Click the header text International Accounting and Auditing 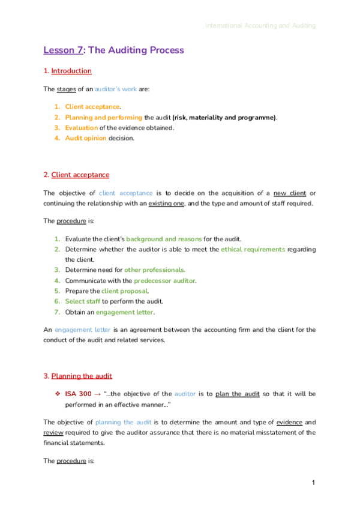(x=260, y=26)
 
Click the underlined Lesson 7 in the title (x=62, y=50)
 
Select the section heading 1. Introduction (x=68, y=71)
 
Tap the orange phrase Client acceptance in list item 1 (x=92, y=106)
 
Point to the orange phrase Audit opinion (x=86, y=138)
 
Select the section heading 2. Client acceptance (x=77, y=175)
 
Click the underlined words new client (x=289, y=193)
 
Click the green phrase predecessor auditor (x=164, y=281)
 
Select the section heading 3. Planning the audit (x=78, y=376)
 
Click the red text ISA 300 (x=78, y=394)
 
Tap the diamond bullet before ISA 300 (x=58, y=394)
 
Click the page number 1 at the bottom (x=313, y=483)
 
